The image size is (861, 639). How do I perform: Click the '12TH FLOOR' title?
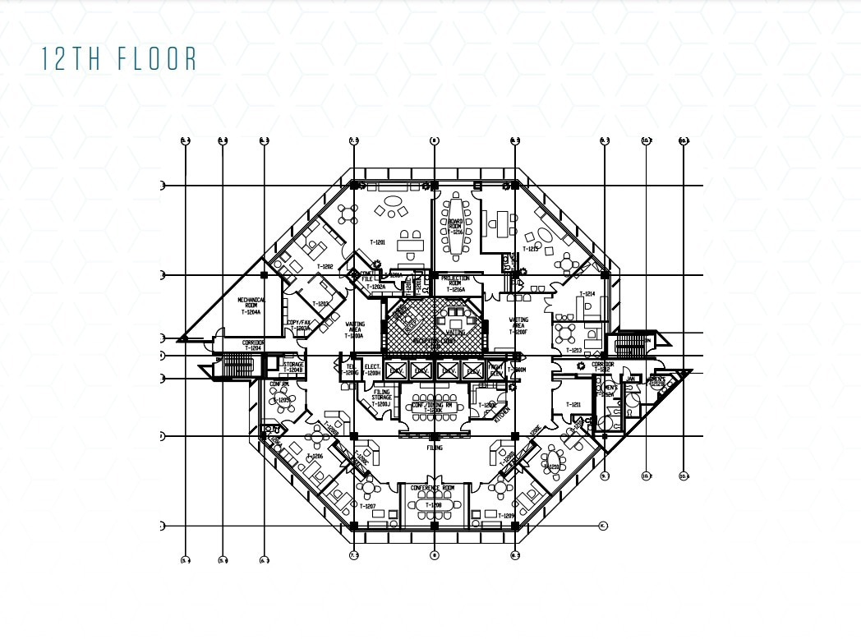coord(119,59)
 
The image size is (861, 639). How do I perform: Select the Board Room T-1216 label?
coord(455,227)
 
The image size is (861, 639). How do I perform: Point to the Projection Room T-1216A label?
coord(455,284)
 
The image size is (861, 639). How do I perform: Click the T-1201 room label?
coord(378,242)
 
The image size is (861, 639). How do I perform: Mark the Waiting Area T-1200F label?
coord(518,325)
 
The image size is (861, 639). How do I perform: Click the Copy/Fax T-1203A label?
coord(298,325)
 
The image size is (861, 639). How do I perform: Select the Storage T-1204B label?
coord(293,368)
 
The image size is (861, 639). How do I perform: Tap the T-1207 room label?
coord(367,506)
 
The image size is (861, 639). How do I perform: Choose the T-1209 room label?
coord(506,515)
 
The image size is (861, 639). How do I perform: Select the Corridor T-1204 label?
coord(252,345)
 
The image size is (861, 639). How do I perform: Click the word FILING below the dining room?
coord(434,448)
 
